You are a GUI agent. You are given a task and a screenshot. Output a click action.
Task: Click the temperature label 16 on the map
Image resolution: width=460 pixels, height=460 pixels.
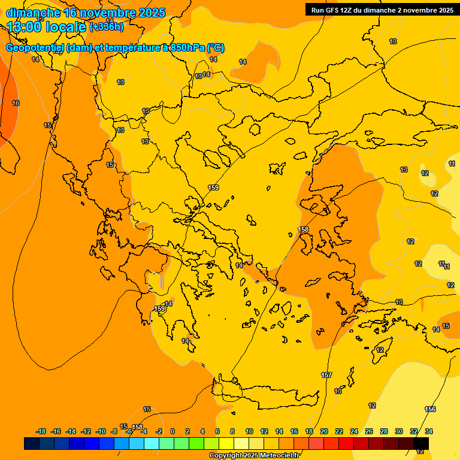[16, 104]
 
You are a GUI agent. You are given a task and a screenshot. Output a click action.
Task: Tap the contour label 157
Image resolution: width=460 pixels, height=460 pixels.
[326, 375]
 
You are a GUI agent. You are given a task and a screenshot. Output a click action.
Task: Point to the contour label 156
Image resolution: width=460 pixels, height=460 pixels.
[430, 409]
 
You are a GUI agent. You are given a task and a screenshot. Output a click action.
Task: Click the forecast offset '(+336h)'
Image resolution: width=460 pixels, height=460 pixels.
[107, 27]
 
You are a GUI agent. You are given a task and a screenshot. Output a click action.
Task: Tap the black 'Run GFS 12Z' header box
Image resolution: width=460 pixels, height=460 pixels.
[382, 10]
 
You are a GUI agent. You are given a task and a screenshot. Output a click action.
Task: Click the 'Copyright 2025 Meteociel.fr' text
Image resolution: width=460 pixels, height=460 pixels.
[254, 456]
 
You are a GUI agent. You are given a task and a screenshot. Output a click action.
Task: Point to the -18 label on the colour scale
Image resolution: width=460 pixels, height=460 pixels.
[41, 431]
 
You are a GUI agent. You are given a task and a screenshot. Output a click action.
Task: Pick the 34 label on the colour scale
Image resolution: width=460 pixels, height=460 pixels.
[429, 431]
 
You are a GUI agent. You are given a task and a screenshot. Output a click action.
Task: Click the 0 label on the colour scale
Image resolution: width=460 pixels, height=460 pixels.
[172, 431]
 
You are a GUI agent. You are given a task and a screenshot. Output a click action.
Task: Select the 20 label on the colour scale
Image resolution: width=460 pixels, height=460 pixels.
[324, 431]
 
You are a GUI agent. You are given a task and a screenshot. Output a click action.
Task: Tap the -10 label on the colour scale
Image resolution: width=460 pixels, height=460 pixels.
[101, 431]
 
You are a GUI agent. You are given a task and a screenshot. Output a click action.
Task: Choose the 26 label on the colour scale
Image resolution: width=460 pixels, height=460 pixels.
[369, 431]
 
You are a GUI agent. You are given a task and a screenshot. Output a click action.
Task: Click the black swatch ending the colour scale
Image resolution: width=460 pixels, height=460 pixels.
[421, 444]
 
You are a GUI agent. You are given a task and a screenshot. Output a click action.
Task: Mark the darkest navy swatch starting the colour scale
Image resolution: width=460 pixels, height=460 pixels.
[32, 444]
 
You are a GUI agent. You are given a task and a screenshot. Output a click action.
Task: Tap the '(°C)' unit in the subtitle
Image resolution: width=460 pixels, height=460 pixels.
[216, 48]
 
